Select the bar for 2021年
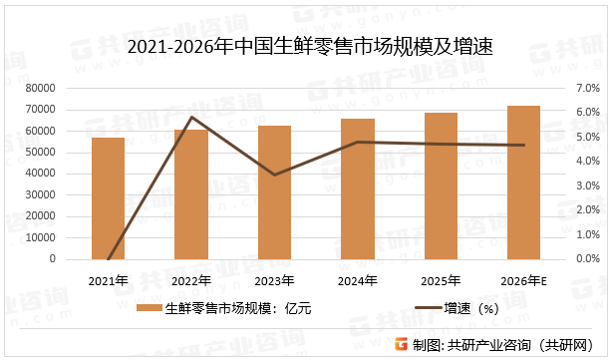pos(108,198)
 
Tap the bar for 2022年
pos(191,194)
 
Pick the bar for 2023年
pos(274,192)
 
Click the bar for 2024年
pos(358,189)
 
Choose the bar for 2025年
pos(441,186)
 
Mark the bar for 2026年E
pos(523,182)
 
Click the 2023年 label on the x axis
pos(274,280)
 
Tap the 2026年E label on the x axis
pos(523,280)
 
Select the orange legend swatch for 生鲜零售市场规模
pos(149,309)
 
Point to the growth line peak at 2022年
pos(191,118)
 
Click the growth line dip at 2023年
pos(274,175)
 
